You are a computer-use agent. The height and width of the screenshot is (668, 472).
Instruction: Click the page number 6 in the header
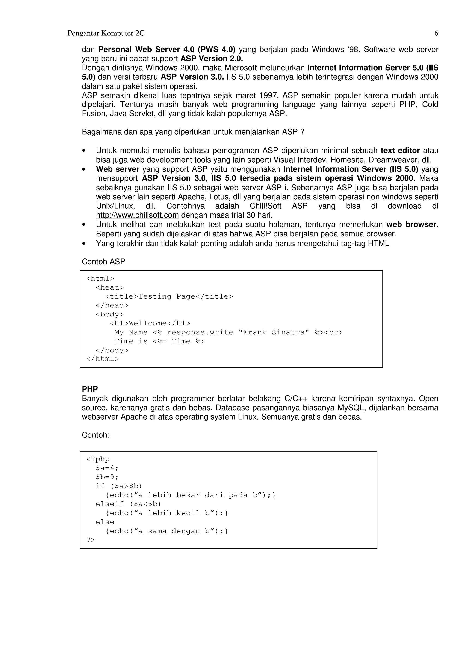436,33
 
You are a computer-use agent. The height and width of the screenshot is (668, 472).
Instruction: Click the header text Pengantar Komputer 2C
106,33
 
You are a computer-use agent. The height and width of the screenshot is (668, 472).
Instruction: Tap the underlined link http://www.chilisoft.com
137,215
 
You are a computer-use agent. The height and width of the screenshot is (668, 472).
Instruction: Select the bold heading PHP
90,389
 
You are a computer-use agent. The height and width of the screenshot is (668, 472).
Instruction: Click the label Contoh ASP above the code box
103,262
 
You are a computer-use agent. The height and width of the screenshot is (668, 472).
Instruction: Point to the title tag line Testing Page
169,296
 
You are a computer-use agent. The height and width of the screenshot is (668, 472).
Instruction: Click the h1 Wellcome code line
150,323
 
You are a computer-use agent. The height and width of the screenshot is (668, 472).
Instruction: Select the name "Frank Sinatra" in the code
274,332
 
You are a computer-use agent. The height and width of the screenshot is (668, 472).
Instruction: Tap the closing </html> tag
102,359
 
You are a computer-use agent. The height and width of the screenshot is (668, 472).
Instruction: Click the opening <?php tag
98,459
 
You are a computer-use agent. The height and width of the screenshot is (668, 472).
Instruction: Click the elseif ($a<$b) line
128,504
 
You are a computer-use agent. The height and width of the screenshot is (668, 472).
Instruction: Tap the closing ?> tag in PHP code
91,540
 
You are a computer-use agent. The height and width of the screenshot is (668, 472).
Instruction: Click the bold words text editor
400,151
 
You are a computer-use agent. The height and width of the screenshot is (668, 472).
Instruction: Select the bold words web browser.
412,225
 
